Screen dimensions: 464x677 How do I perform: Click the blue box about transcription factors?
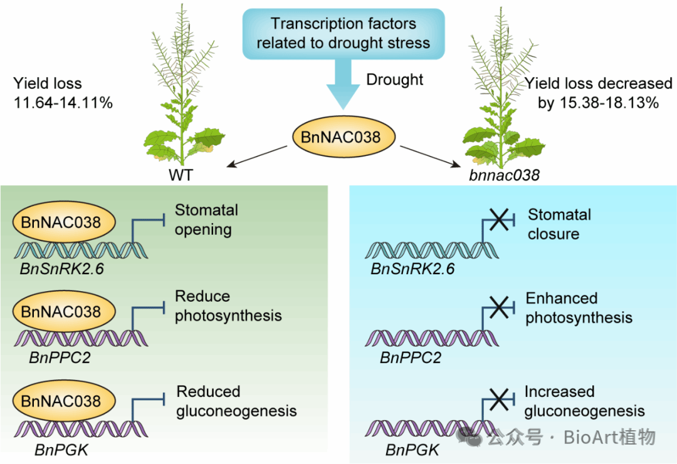pyautogui.click(x=343, y=34)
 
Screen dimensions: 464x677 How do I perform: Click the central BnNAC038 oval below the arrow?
pyautogui.click(x=343, y=137)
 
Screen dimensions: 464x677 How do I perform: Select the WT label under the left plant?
pyautogui.click(x=180, y=175)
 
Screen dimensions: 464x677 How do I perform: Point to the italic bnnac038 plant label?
pyautogui.click(x=503, y=175)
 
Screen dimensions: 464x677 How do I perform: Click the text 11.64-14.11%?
pyautogui.click(x=63, y=103)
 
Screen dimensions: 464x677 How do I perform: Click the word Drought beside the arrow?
pyautogui.click(x=395, y=80)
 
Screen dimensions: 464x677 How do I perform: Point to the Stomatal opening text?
pyautogui.click(x=206, y=220)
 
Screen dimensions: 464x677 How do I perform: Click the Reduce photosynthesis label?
pyautogui.click(x=228, y=306)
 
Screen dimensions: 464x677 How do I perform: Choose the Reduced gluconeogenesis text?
pyautogui.click(x=236, y=401)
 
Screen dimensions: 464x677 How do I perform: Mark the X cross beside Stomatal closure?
pyautogui.click(x=498, y=220)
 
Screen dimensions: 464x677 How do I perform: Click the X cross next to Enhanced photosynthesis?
pyautogui.click(x=498, y=306)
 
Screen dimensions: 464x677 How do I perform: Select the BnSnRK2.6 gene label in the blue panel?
pyautogui.click(x=412, y=269)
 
